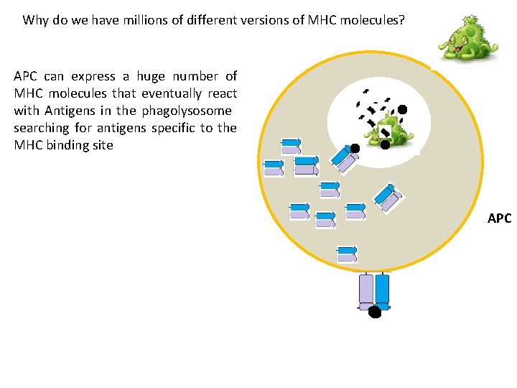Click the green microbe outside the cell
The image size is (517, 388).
[467, 42]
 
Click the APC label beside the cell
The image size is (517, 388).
[499, 218]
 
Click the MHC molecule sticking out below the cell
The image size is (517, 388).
[374, 290]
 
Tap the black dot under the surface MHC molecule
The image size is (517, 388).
[374, 312]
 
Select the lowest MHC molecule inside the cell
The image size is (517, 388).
[347, 253]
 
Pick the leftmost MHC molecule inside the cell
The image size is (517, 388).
[274, 168]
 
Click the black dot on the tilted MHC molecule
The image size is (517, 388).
[355, 149]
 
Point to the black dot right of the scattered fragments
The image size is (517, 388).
[402, 109]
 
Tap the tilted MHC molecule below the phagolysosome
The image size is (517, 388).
[388, 197]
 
